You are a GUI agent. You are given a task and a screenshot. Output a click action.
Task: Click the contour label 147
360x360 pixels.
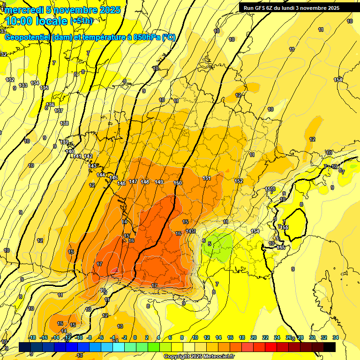(133, 181)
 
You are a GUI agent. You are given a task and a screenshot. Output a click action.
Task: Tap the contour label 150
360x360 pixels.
(177, 183)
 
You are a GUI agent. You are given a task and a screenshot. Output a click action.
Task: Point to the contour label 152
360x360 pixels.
(239, 181)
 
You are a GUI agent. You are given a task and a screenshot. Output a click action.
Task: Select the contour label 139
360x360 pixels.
(65, 142)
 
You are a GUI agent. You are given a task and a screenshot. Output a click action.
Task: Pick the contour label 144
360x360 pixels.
(101, 175)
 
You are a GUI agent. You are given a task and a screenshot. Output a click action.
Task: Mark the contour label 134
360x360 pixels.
(35, 83)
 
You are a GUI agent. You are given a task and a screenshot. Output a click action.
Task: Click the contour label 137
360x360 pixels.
(59, 111)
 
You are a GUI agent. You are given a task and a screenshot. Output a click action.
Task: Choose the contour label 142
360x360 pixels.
(88, 156)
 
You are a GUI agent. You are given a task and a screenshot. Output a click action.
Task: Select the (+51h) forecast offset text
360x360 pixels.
(81, 21)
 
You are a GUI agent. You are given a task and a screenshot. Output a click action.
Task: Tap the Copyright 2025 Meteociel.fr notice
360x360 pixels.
(199, 357)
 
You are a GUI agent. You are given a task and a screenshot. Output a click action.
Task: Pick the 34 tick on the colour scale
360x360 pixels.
(336, 337)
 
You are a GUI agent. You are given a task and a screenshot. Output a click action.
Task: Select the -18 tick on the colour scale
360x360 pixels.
(32, 337)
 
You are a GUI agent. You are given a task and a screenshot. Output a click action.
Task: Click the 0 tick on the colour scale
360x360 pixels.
(135, 337)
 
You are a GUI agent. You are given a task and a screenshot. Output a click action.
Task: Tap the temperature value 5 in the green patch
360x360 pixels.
(210, 243)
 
